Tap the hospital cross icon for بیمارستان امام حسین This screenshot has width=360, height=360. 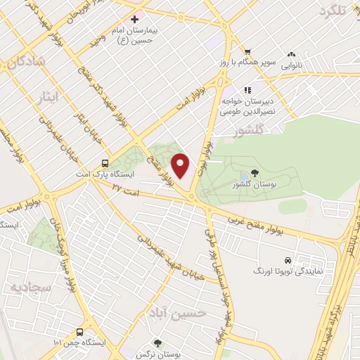click(x=134, y=18)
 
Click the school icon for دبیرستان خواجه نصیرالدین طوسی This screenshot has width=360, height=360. click(x=247, y=90)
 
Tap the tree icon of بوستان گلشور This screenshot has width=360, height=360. click(x=254, y=172)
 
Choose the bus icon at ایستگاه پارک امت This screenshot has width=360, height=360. click(x=105, y=161)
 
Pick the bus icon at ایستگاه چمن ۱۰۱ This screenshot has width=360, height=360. click(x=79, y=331)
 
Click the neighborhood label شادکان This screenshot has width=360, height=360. click(x=26, y=63)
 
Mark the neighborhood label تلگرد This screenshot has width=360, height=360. click(x=333, y=10)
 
